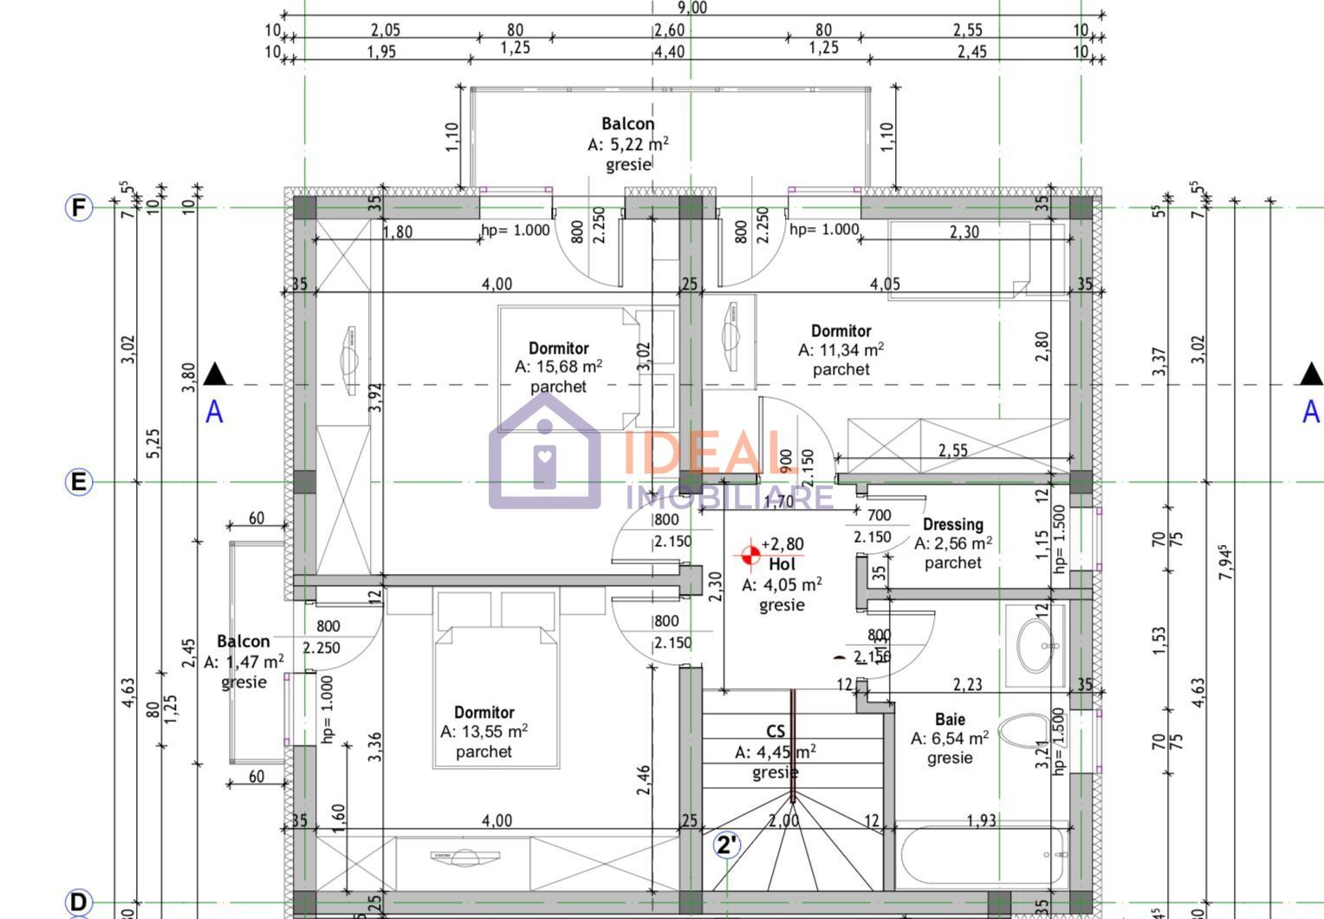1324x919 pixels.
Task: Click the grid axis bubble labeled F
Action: point(79,208)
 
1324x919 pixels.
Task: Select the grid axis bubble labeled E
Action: point(79,482)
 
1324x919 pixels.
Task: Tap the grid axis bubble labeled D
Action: point(79,902)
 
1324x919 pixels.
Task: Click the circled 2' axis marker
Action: point(727,844)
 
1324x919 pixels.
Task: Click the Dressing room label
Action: point(952,525)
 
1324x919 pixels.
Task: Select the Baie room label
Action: point(950,720)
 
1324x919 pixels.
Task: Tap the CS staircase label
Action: point(776,732)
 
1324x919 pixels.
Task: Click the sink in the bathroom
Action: point(1035,646)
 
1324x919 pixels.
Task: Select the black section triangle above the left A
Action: point(215,375)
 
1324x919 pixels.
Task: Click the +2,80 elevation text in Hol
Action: point(782,544)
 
